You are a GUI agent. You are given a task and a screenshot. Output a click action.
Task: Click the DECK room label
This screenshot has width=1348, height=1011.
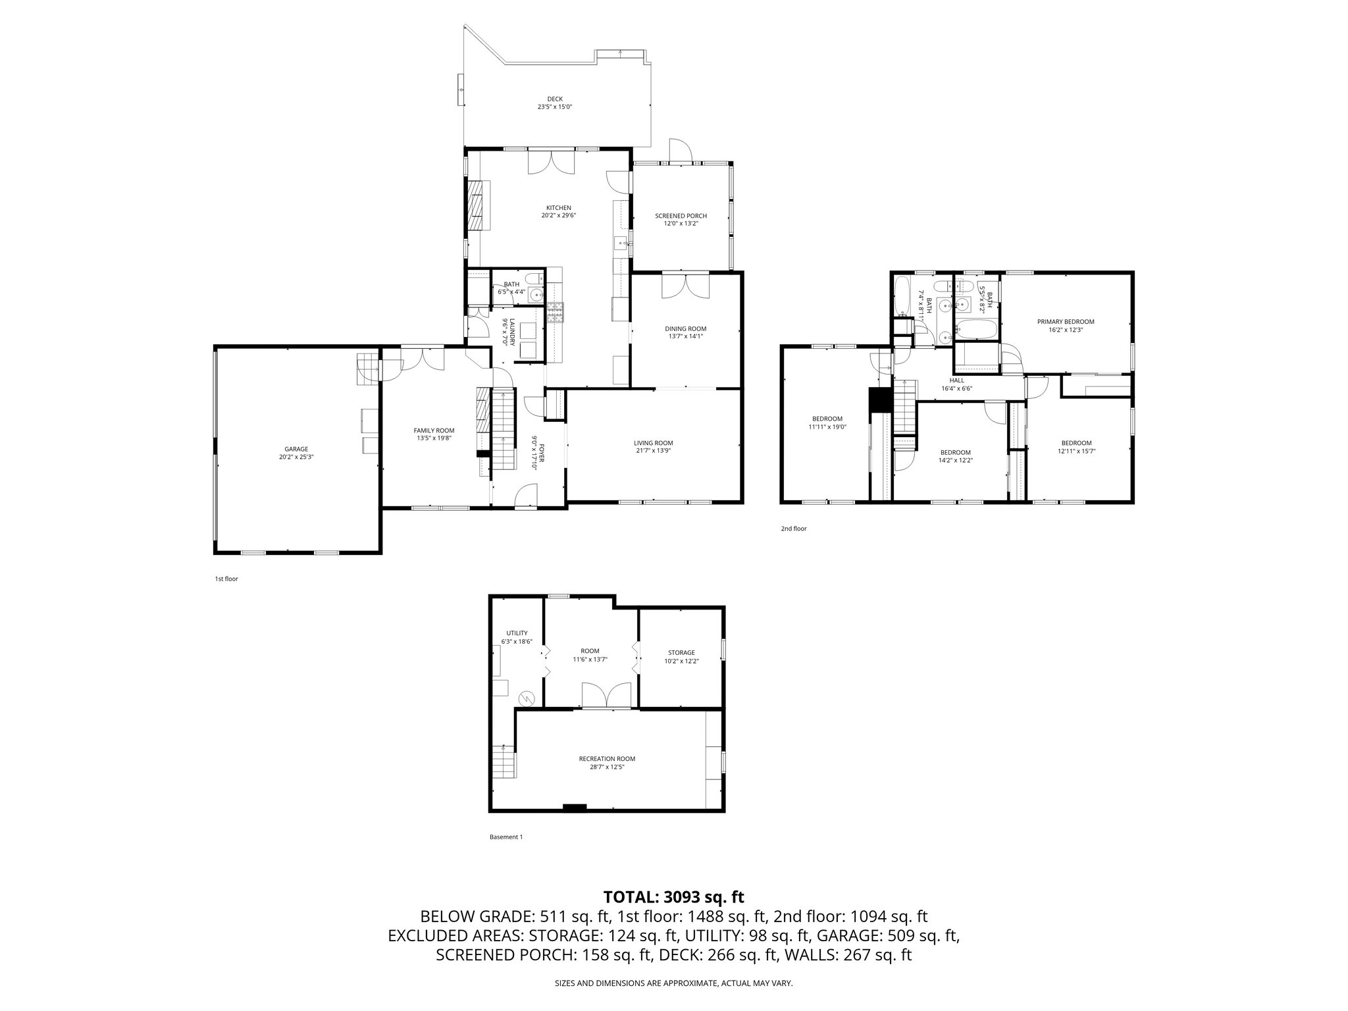tap(554, 99)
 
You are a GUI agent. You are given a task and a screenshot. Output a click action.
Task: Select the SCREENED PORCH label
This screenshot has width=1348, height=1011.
tap(681, 216)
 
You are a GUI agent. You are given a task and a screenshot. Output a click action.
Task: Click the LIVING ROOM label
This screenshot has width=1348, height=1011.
tap(653, 443)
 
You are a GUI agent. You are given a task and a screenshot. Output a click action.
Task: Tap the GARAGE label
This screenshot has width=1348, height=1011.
tap(296, 449)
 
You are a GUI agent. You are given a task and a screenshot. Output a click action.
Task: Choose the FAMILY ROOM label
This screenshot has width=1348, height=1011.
tap(434, 430)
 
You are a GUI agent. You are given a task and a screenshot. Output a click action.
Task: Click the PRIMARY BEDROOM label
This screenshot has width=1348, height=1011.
tap(1065, 322)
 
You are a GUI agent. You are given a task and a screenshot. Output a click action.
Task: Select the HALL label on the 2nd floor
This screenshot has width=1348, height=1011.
tap(956, 380)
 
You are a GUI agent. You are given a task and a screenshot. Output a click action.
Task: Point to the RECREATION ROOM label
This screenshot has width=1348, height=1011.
tap(607, 758)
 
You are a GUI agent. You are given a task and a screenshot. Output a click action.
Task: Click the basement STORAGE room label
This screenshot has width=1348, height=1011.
tap(681, 653)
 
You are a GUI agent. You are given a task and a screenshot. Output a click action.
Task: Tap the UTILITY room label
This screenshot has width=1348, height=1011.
tap(517, 633)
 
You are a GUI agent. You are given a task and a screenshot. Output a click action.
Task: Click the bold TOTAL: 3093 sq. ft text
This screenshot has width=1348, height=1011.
tap(673, 896)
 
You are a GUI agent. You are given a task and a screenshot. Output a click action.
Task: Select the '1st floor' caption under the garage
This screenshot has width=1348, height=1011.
tap(226, 579)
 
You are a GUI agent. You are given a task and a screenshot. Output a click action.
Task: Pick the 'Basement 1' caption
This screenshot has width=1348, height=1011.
tap(505, 837)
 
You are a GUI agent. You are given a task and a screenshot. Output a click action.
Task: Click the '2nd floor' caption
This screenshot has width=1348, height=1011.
tap(793, 529)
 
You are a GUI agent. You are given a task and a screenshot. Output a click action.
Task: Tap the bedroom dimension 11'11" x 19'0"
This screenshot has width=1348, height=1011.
tap(827, 427)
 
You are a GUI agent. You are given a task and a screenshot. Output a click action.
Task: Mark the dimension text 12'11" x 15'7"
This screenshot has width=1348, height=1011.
tap(1076, 451)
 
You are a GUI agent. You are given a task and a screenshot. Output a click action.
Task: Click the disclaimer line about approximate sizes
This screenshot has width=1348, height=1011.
tap(673, 983)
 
